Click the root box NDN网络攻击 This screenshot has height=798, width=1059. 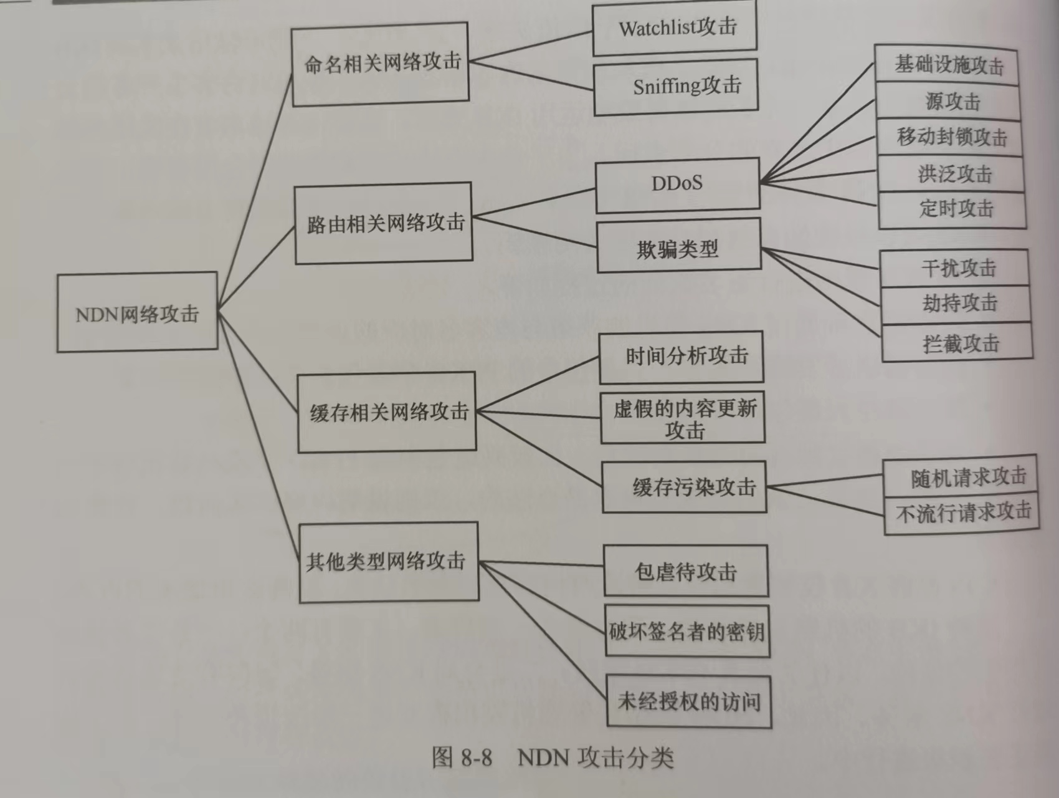click(137, 312)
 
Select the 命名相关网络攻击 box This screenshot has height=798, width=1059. click(380, 64)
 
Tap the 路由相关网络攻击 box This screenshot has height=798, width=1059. click(383, 223)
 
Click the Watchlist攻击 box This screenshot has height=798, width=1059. click(675, 28)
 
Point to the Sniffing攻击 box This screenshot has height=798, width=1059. click(677, 87)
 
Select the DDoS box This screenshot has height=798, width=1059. click(678, 185)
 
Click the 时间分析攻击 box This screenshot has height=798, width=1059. click(681, 357)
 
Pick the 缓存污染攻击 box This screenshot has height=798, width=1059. click(684, 487)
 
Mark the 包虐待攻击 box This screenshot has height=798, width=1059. click(686, 571)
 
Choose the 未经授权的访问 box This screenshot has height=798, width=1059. click(689, 701)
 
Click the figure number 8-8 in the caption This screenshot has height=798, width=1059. click(477, 758)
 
